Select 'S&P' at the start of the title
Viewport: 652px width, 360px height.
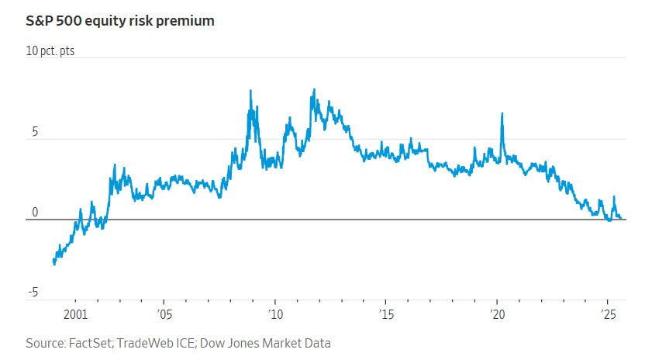[40, 21]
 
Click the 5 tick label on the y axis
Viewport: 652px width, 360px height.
[34, 133]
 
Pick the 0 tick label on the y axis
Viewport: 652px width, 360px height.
[34, 213]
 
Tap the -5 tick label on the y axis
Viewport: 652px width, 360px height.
[33, 292]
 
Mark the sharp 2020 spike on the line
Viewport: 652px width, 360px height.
[502, 114]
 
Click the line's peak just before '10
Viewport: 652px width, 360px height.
[250, 92]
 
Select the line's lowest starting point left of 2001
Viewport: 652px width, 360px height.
[53, 264]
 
